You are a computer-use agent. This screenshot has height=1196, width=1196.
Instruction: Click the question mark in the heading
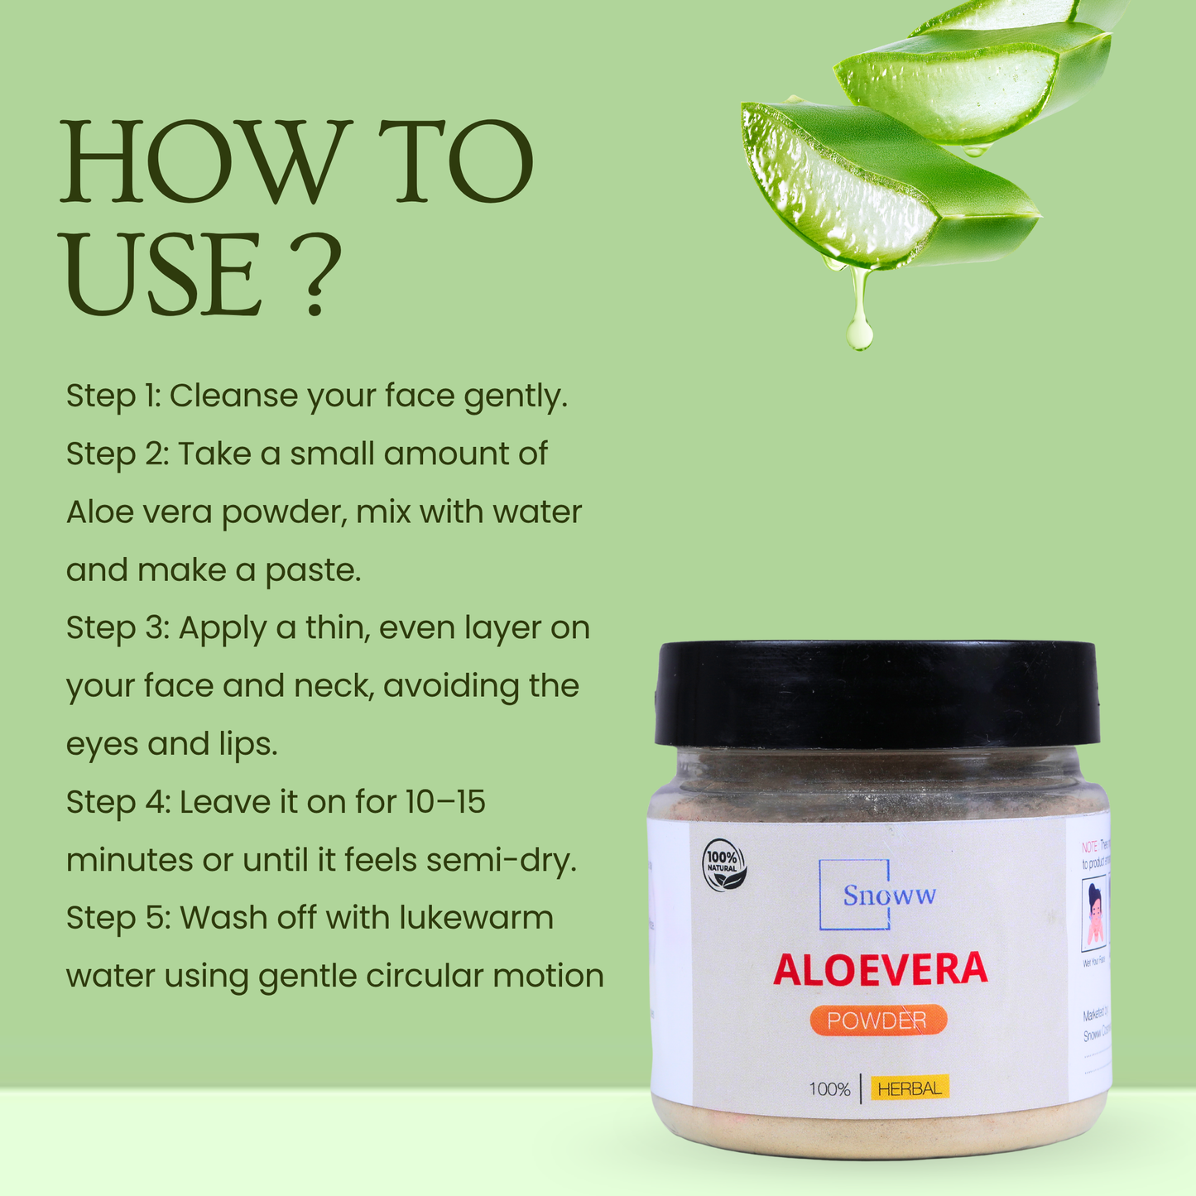pyautogui.click(x=319, y=276)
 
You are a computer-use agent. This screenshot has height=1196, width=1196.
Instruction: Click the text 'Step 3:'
pyautogui.click(x=118, y=628)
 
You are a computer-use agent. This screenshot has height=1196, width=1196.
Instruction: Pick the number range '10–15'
pyautogui.click(x=445, y=802)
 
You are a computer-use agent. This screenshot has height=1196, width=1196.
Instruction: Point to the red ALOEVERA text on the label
pyautogui.click(x=880, y=970)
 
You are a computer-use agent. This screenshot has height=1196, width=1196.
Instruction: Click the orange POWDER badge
pyautogui.click(x=877, y=1021)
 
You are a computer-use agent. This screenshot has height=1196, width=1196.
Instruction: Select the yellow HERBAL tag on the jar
pyautogui.click(x=910, y=1088)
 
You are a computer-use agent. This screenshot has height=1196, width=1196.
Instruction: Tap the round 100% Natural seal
pyautogui.click(x=724, y=866)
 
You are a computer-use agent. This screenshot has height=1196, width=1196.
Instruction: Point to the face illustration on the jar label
pyautogui.click(x=1094, y=915)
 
